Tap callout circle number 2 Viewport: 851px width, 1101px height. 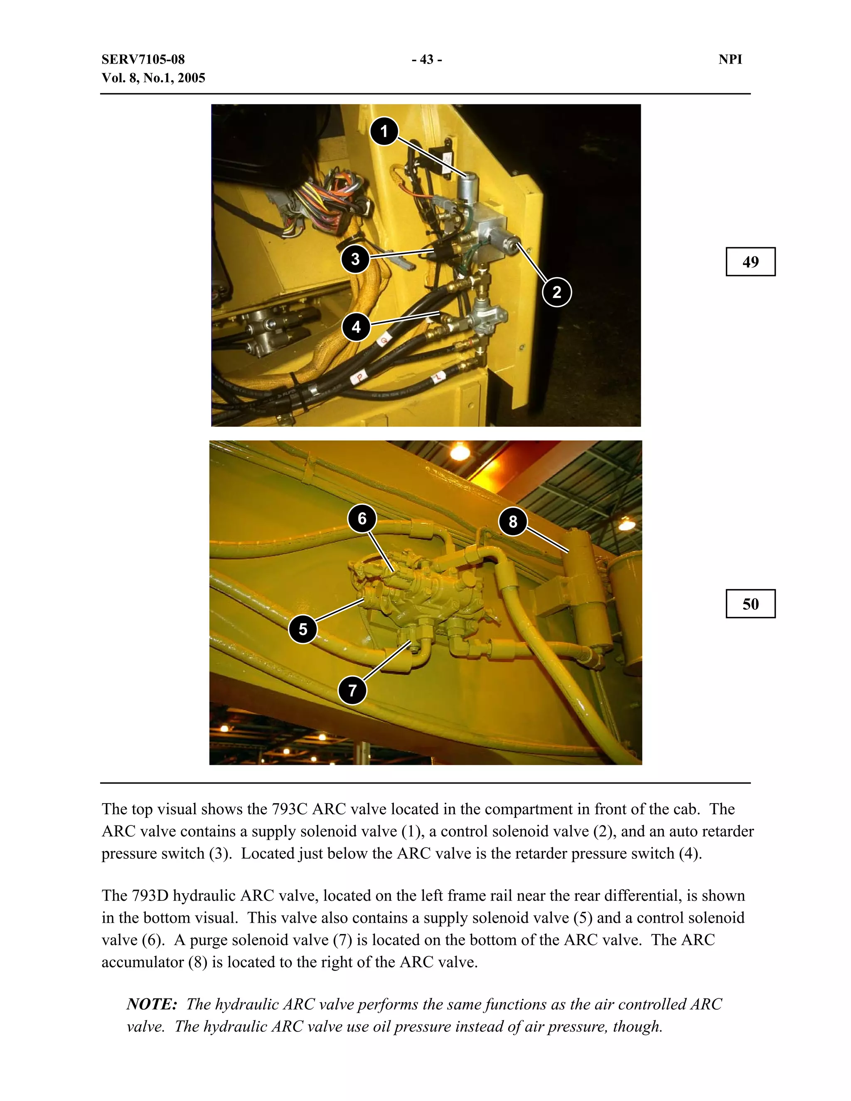pos(556,292)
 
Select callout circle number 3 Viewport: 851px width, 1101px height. pos(355,259)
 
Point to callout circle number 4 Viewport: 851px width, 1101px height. pos(356,327)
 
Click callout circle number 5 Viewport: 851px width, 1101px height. pos(303,629)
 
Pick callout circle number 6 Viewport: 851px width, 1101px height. pos(362,519)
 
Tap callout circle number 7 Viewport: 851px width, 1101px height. pos(352,690)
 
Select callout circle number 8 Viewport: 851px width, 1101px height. pos(513,522)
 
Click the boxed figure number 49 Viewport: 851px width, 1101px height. pos(750,262)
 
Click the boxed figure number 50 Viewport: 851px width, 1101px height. pos(750,604)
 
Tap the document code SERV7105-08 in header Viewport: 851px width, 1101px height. pos(143,59)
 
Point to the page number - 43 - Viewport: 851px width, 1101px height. pos(426,59)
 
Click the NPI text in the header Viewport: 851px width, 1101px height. pos(730,59)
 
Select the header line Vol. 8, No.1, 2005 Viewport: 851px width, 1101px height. pos(153,78)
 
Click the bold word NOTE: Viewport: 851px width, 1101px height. pos(152,1004)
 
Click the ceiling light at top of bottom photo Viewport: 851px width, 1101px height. pos(459,451)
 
